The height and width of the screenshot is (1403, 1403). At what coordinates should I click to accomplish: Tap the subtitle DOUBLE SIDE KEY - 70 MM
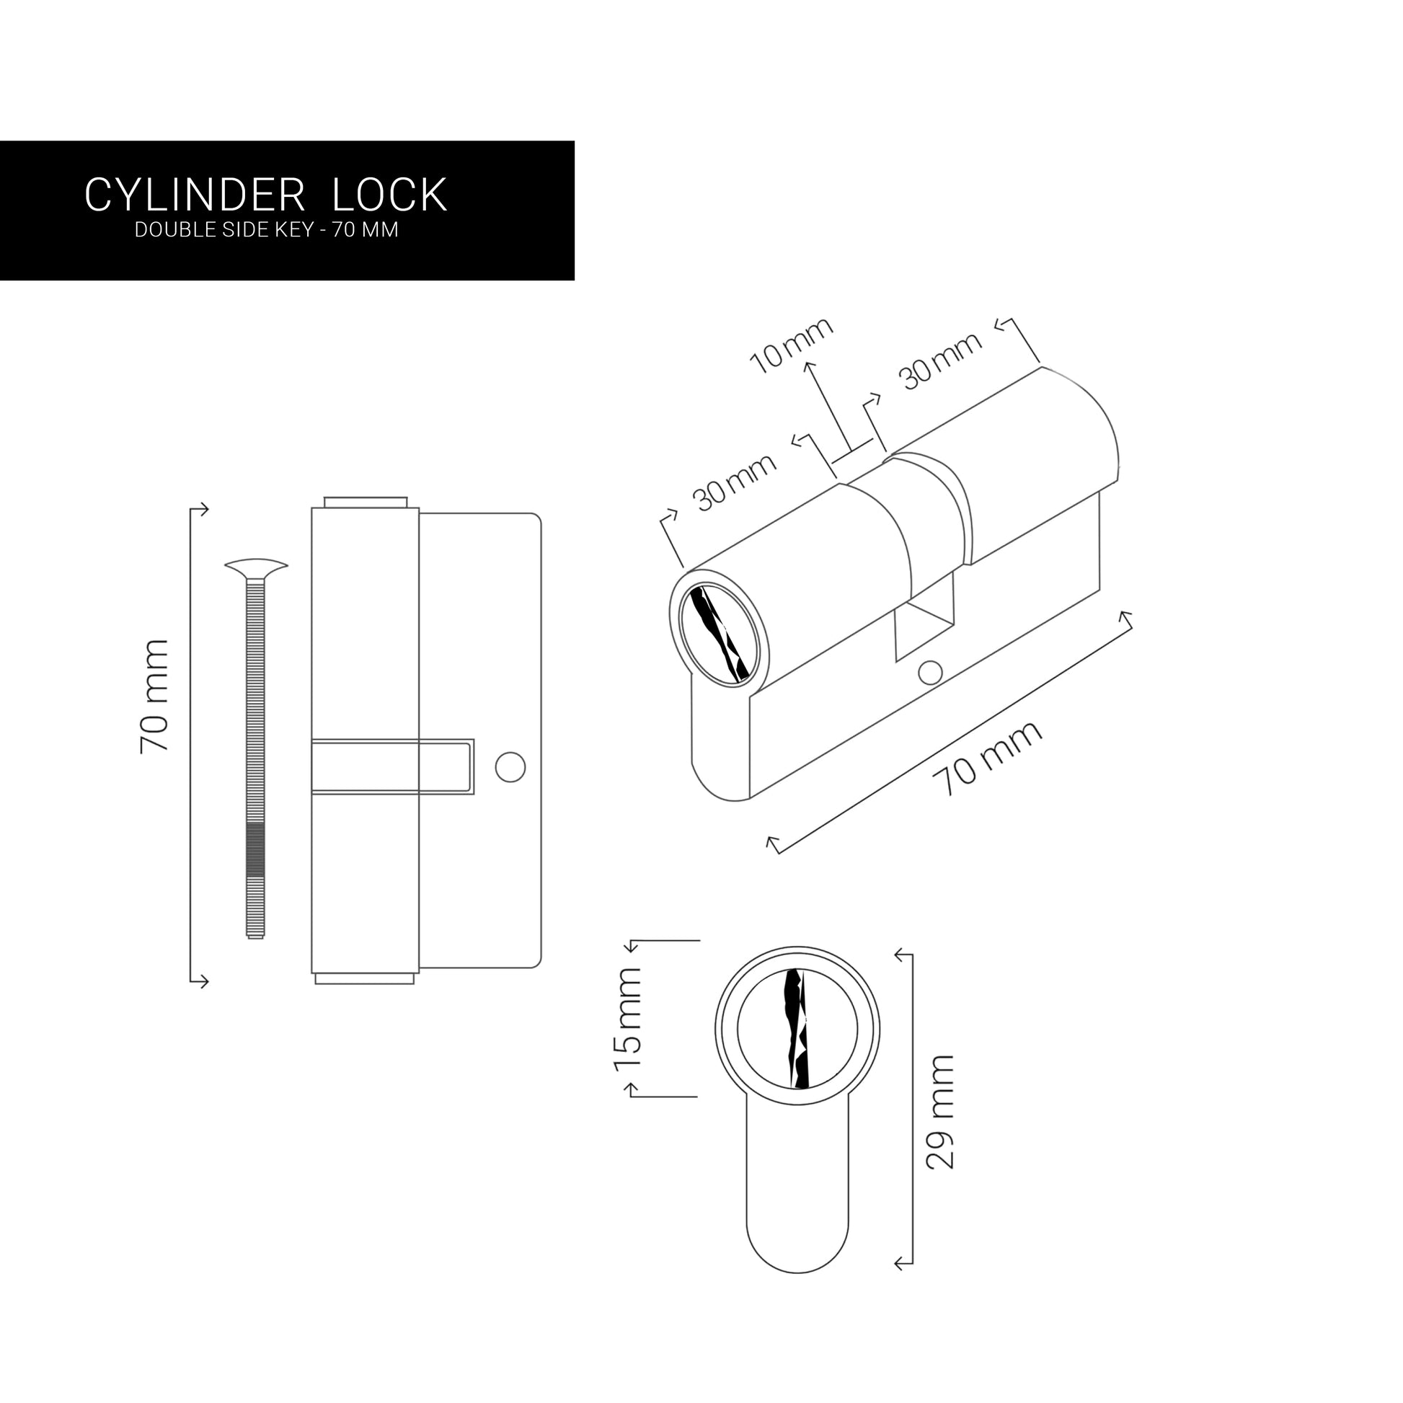pos(267,230)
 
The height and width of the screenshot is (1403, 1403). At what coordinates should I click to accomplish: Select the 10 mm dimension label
pos(791,345)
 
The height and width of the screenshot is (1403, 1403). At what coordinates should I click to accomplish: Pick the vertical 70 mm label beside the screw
pos(154,696)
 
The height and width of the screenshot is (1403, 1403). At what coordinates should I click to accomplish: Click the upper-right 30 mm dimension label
pos(940,360)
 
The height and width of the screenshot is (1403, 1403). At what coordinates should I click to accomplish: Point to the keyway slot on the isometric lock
pos(718,633)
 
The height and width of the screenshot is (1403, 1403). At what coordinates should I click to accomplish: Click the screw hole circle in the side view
pos(510,767)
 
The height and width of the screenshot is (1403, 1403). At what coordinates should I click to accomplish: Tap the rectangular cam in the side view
pos(392,766)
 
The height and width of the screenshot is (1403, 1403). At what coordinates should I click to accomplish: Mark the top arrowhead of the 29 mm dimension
pos(900,955)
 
